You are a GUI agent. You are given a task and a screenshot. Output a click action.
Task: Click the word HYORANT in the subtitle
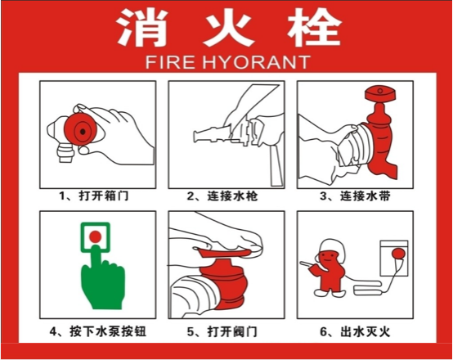coord(257,62)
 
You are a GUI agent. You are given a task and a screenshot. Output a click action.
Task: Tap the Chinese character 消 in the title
coord(142,27)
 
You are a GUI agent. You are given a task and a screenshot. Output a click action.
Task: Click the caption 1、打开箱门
coord(94,196)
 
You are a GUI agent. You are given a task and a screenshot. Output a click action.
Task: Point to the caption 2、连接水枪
coord(222,196)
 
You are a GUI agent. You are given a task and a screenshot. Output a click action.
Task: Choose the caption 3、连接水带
coord(355,196)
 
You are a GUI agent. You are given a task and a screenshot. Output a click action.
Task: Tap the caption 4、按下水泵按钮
coord(98,331)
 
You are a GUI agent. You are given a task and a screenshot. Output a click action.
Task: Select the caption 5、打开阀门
coord(222,331)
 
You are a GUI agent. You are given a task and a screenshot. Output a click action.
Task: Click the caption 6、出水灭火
coord(355,331)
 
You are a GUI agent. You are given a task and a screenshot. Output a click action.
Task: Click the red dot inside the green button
coord(96,236)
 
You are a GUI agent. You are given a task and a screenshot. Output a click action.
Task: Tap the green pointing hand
coord(102,281)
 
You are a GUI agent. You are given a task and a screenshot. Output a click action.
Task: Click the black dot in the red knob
coord(83,132)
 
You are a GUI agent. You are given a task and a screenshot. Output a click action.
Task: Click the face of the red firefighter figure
coord(327,258)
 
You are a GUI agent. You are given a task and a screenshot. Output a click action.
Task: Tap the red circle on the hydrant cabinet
coord(398,254)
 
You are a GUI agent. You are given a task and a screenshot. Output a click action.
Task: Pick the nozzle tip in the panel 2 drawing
coord(197,137)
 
